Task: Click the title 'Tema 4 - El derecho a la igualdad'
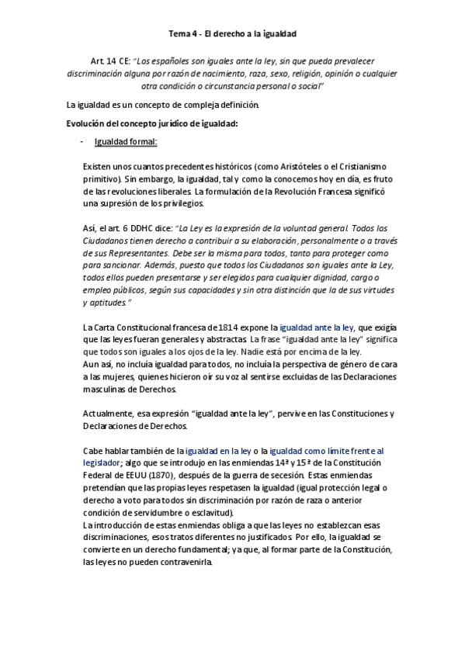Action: pyautogui.click(x=232, y=34)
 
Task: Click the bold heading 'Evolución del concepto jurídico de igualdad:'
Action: pyautogui.click(x=152, y=124)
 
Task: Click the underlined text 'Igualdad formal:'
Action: pyautogui.click(x=125, y=142)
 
